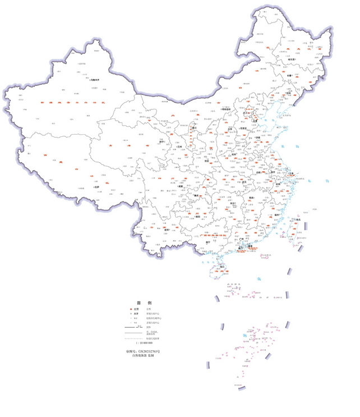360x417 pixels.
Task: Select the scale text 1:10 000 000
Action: pos(144,342)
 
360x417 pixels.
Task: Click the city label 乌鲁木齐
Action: pos(99,80)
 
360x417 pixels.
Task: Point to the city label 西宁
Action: pos(161,143)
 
